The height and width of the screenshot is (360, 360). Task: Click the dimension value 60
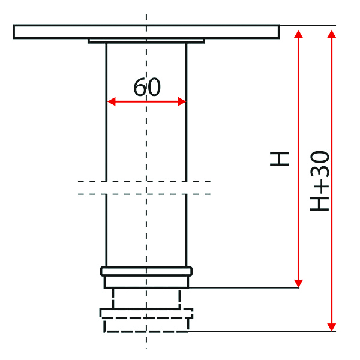pyautogui.click(x=147, y=87)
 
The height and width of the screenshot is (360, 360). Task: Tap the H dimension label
pyautogui.click(x=280, y=158)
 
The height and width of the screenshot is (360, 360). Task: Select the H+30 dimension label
pyautogui.click(x=320, y=181)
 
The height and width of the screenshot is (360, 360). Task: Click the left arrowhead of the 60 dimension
pyautogui.click(x=112, y=101)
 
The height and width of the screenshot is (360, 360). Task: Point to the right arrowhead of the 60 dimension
pyautogui.click(x=182, y=101)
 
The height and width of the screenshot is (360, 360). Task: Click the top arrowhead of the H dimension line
pyautogui.click(x=298, y=34)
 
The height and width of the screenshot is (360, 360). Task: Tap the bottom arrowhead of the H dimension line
pyautogui.click(x=298, y=283)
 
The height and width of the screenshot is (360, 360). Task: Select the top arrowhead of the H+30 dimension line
pyautogui.click(x=332, y=34)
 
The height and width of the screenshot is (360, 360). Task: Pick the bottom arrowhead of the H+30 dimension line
pyautogui.click(x=332, y=328)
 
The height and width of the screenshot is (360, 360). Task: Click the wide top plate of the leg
pyautogui.click(x=146, y=32)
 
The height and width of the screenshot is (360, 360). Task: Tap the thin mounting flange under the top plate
pyautogui.click(x=146, y=41)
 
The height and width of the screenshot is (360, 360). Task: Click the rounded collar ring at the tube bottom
pyautogui.click(x=146, y=271)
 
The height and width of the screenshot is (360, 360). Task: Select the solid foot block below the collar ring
pyautogui.click(x=146, y=282)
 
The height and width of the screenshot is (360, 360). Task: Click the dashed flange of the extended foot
pyautogui.click(x=146, y=314)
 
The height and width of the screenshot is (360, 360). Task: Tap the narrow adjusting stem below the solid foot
pyautogui.click(x=146, y=298)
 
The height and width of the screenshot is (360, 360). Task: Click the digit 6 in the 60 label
pyautogui.click(x=140, y=87)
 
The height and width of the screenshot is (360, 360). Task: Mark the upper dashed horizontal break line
pyautogui.click(x=144, y=181)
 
